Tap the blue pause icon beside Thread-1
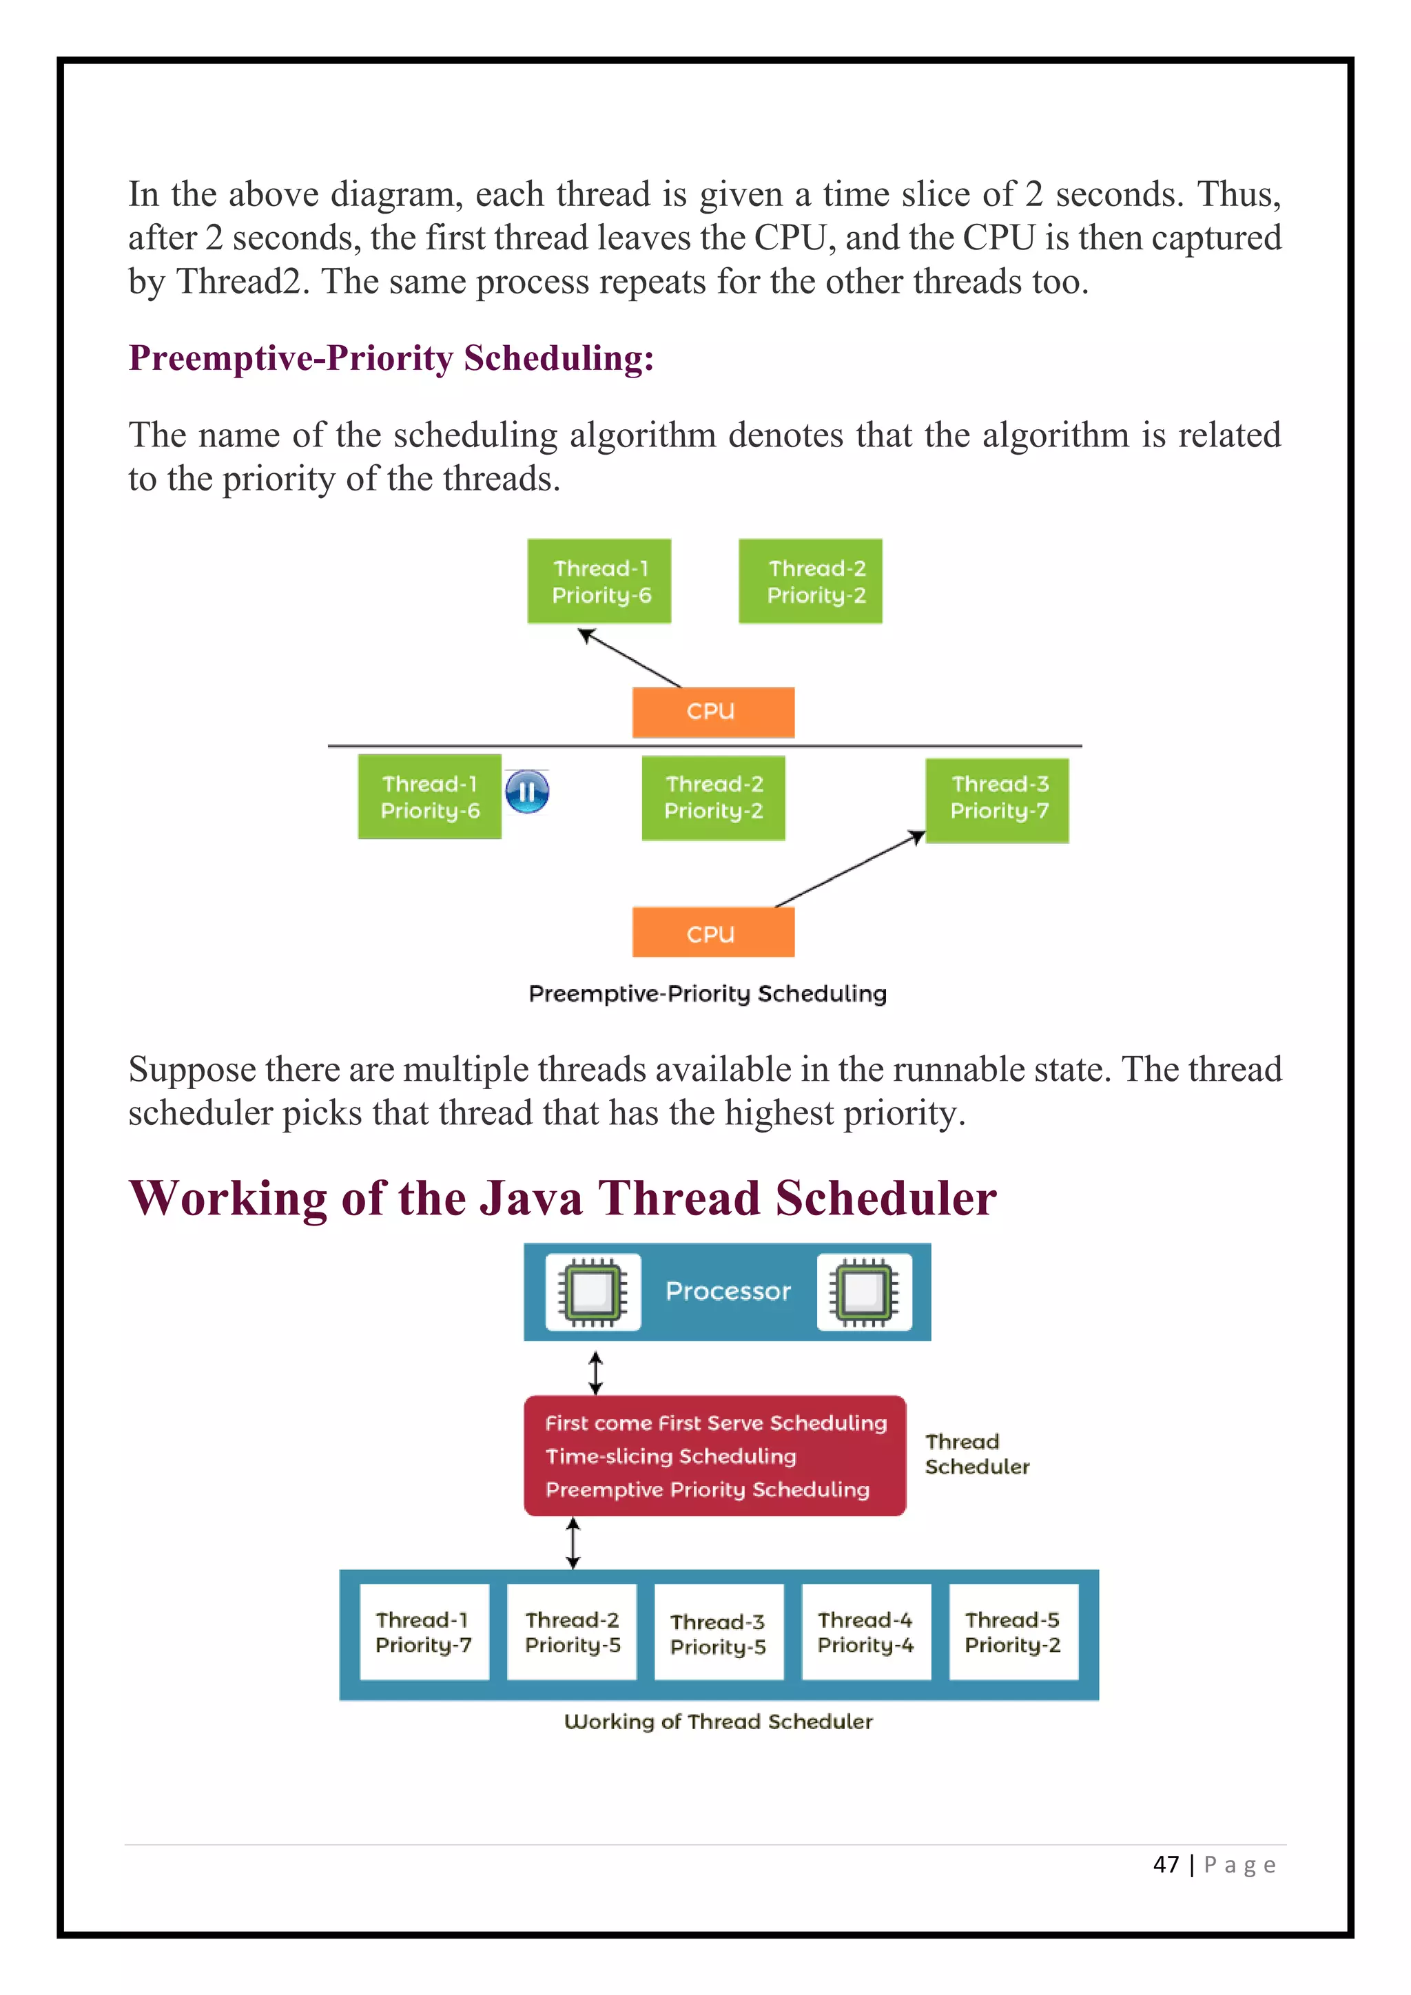click(x=526, y=792)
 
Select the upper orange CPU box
click(x=712, y=712)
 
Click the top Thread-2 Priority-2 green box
click(x=810, y=581)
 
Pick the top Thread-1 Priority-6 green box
click(x=599, y=581)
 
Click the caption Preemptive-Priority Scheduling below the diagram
click(x=708, y=993)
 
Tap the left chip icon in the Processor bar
click(x=593, y=1291)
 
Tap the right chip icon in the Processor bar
click(x=864, y=1291)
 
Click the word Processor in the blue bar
click(x=728, y=1291)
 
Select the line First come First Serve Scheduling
click(x=715, y=1423)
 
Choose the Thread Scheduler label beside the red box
click(x=976, y=1454)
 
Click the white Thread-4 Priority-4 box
click(x=865, y=1631)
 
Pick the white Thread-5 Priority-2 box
click(x=1012, y=1631)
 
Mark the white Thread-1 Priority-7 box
click(x=424, y=1631)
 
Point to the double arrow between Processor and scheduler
click(x=595, y=1372)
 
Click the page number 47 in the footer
click(x=1165, y=1864)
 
